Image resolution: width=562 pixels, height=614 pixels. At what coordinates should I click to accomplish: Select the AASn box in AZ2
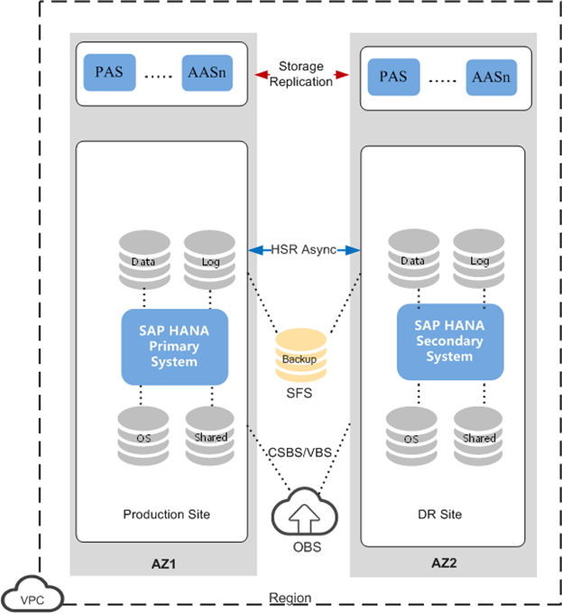(x=491, y=77)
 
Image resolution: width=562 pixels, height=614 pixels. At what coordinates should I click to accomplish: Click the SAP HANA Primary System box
(x=174, y=346)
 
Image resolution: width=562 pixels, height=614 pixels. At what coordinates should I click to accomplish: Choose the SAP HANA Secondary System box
(x=449, y=342)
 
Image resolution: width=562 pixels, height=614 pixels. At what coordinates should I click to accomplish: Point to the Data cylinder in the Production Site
(x=143, y=260)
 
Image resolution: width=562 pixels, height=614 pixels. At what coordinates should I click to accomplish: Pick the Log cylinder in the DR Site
(x=478, y=260)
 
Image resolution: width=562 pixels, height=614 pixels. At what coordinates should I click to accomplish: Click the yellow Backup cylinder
(x=299, y=357)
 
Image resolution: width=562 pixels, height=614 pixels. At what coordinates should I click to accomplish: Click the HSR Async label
(x=304, y=249)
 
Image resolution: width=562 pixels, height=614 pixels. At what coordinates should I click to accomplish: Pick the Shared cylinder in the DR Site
(x=478, y=437)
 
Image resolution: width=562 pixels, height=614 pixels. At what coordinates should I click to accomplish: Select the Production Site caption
(x=166, y=515)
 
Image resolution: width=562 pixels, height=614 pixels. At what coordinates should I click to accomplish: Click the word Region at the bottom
(x=290, y=598)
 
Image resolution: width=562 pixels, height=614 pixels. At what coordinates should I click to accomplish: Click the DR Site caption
(x=441, y=515)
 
